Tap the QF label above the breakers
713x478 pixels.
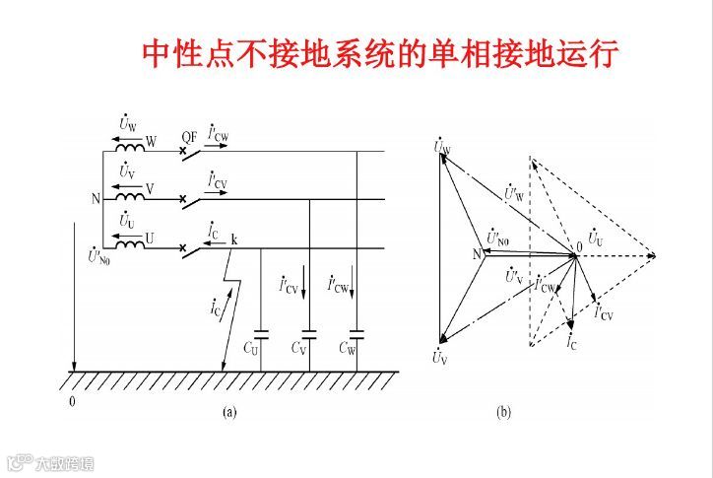(190, 137)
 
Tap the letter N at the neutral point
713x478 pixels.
(95, 199)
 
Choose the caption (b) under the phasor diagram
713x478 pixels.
(503, 413)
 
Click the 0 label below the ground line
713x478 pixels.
(70, 402)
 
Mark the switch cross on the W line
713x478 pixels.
(183, 152)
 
